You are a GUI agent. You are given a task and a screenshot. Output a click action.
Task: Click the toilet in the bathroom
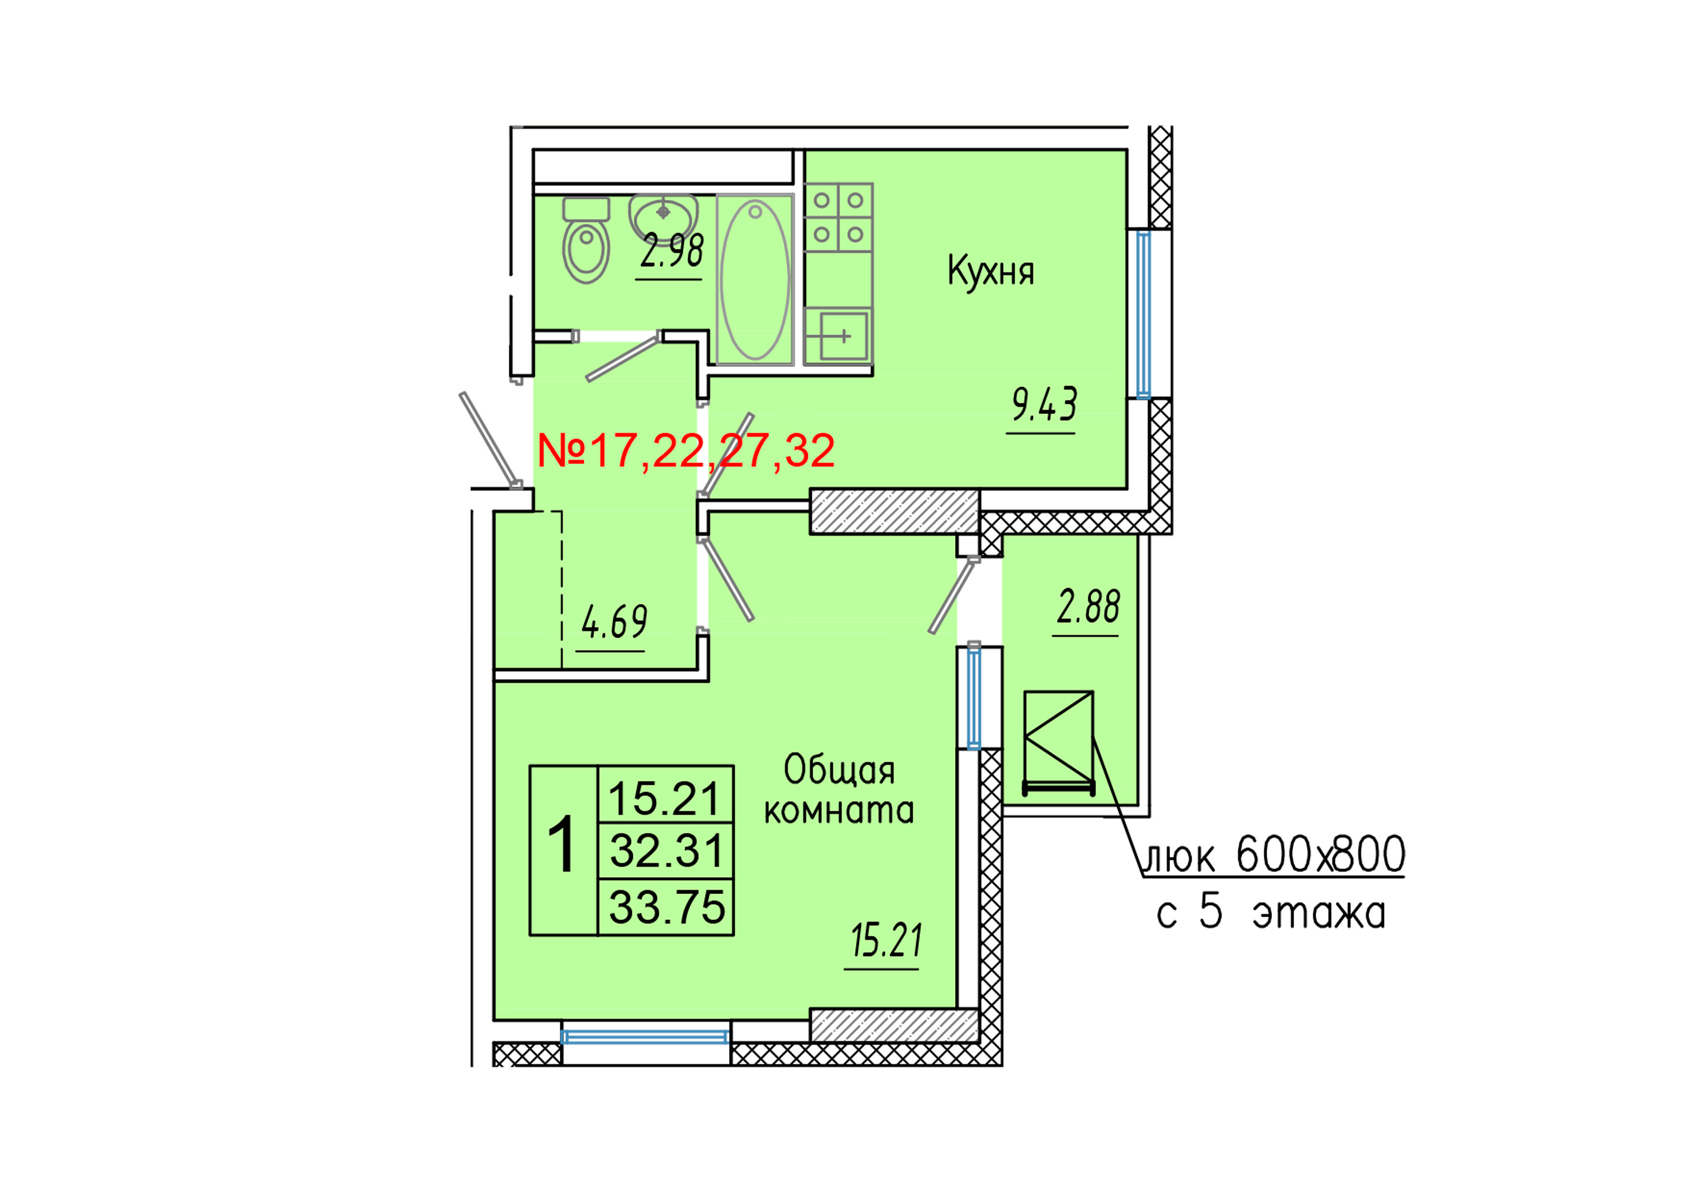tap(586, 241)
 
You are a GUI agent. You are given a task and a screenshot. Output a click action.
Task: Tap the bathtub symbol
tap(755, 279)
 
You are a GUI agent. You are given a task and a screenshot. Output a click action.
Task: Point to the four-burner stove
tap(838, 217)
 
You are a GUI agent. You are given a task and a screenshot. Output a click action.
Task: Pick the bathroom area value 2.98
tap(671, 252)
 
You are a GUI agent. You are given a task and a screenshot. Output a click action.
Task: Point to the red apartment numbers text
tap(686, 451)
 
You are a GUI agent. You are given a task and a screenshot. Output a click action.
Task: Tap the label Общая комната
tap(839, 790)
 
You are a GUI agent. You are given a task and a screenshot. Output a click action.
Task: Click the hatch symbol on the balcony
tap(1058, 742)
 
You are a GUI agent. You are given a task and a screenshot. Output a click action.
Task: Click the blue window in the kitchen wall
tap(1143, 315)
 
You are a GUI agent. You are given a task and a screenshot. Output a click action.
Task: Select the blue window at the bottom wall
tap(644, 1037)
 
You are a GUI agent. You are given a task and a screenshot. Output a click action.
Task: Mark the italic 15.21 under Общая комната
tap(885, 941)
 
